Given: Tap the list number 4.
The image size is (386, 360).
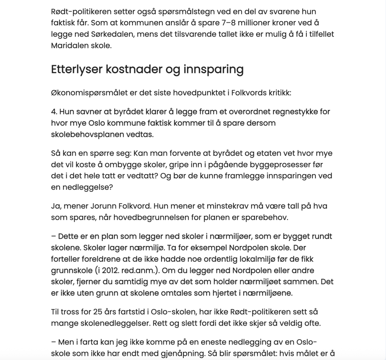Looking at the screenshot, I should pos(54,112).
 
